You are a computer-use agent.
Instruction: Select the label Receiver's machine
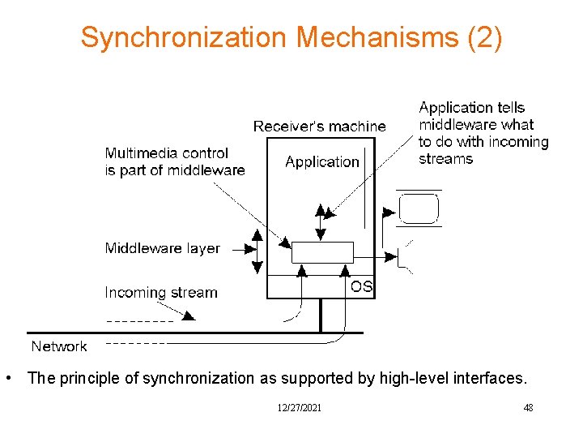(x=319, y=127)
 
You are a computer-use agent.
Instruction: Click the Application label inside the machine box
(x=321, y=161)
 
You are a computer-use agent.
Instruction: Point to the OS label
(x=361, y=286)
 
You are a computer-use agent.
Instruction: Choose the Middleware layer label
(x=162, y=248)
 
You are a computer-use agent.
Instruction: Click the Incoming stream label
(x=160, y=292)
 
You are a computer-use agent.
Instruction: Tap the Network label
(x=58, y=346)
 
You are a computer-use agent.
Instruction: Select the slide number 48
(x=528, y=408)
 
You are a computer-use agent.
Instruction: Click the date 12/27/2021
(x=298, y=408)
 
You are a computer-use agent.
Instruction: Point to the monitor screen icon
(x=419, y=208)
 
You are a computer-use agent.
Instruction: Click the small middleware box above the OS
(x=322, y=251)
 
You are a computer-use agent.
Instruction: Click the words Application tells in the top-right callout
(x=471, y=108)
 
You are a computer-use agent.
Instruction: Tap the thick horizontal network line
(x=194, y=333)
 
